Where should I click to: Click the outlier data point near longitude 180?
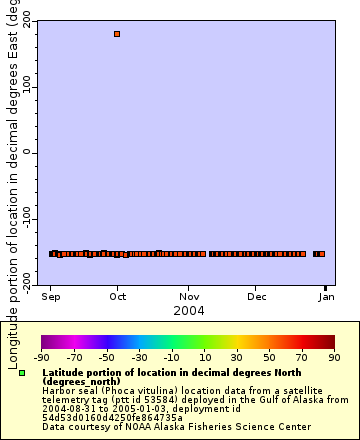pyautogui.click(x=117, y=34)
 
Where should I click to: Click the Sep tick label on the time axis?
pyautogui.click(x=51, y=297)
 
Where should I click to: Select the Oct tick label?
pyautogui.click(x=118, y=297)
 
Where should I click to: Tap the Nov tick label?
pyautogui.click(x=188, y=297)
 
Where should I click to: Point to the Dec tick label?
pyautogui.click(x=256, y=297)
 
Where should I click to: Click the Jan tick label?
pyautogui.click(x=326, y=297)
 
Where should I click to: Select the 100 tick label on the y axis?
pyautogui.click(x=26, y=88)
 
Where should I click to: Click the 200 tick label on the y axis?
pyautogui.click(x=26, y=22)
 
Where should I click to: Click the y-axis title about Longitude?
pyautogui.click(x=11, y=180)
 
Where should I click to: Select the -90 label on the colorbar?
pyautogui.click(x=41, y=357)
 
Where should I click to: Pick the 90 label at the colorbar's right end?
pyautogui.click(x=333, y=357)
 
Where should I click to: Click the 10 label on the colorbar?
pyautogui.click(x=204, y=357)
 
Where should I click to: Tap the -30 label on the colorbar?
pyautogui.click(x=139, y=357)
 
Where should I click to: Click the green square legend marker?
pyautogui.click(x=22, y=373)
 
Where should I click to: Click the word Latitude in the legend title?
pyautogui.click(x=65, y=371)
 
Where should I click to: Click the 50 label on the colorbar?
pyautogui.click(x=269, y=357)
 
